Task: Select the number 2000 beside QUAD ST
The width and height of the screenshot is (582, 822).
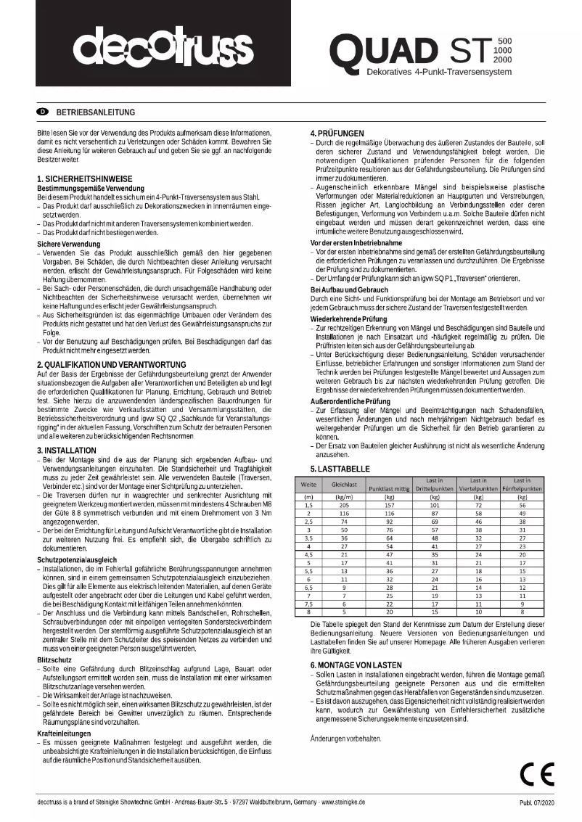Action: (x=502, y=59)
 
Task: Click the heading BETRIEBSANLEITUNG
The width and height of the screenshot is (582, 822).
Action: (x=95, y=112)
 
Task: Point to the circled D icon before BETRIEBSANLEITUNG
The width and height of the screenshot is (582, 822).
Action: (x=42, y=112)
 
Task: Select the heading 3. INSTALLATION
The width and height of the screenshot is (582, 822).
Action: (x=66, y=450)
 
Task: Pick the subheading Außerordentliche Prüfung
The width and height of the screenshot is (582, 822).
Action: (x=353, y=400)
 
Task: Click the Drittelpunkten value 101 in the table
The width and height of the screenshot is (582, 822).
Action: (x=435, y=504)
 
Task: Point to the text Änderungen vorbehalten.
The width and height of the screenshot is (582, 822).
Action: (x=345, y=718)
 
